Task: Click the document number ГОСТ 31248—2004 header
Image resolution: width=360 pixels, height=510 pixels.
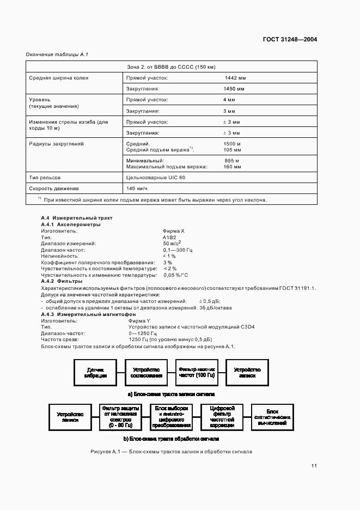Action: click(x=290, y=39)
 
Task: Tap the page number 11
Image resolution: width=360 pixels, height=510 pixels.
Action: click(x=314, y=465)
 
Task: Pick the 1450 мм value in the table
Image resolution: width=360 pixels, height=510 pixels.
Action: click(x=234, y=88)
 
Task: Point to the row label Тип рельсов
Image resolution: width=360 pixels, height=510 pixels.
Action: click(x=45, y=178)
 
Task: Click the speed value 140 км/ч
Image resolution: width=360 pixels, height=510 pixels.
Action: click(x=136, y=189)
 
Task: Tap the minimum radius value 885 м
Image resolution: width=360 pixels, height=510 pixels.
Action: click(x=232, y=161)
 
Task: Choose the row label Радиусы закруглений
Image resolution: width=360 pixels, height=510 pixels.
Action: click(x=56, y=143)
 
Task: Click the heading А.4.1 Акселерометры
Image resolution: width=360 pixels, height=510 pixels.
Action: click(x=71, y=224)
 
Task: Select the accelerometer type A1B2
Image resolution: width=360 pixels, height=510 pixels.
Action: click(x=169, y=238)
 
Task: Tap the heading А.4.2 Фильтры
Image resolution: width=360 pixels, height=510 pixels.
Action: click(x=62, y=281)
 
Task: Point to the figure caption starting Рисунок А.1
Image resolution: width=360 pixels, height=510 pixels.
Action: click(x=172, y=452)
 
